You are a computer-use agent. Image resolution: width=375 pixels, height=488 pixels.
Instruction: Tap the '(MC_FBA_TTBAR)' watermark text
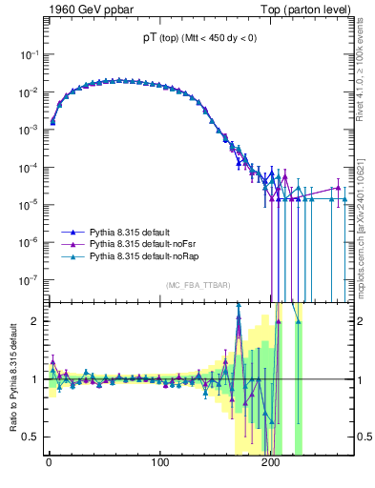pyautogui.click(x=198, y=286)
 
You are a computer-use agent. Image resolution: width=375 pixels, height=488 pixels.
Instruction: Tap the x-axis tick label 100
pyautogui.click(x=159, y=463)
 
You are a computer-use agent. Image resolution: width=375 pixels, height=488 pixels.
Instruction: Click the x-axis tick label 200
pyautogui.click(x=271, y=463)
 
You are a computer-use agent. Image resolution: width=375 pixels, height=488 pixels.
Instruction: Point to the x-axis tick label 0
pyautogui.click(x=48, y=463)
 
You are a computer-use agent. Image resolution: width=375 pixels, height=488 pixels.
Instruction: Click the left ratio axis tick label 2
pyautogui.click(x=34, y=321)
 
